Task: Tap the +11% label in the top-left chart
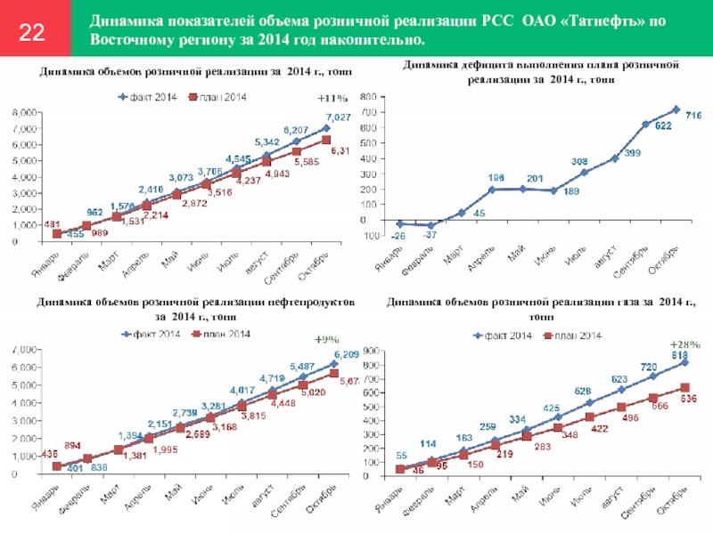point(332,98)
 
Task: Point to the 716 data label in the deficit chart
point(693,116)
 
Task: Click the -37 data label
point(430,235)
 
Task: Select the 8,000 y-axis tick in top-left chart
point(27,113)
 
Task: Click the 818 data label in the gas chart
point(679,353)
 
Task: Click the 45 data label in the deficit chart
point(479,212)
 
